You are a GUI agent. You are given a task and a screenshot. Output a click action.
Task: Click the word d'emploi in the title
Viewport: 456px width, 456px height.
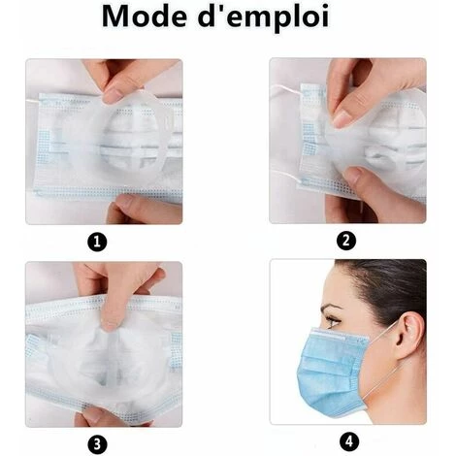coord(264,18)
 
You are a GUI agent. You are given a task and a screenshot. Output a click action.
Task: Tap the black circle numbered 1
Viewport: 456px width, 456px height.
coord(97,242)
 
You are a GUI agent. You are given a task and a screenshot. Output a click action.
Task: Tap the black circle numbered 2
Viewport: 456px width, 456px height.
coord(346,241)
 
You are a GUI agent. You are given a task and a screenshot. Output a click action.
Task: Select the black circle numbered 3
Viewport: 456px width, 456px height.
coord(97,444)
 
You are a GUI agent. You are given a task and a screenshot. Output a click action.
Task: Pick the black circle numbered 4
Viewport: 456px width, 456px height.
coord(349,441)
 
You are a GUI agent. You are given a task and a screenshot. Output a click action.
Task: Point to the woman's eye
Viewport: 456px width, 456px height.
coord(333,321)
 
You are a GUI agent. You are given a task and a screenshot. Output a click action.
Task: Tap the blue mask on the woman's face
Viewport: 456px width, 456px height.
coord(332,372)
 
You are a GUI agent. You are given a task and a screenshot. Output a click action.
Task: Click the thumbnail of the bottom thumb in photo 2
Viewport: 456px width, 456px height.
coord(352,176)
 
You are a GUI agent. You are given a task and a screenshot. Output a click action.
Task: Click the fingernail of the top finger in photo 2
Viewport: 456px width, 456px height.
coord(342,117)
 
